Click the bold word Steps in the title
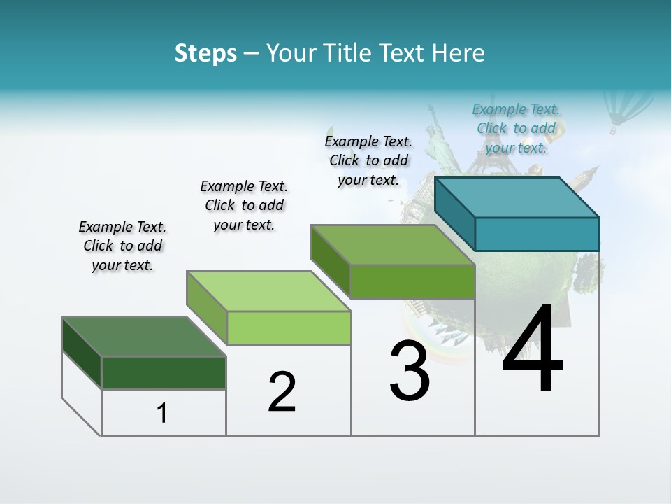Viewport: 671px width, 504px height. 205,53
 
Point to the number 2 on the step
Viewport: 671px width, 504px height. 282,392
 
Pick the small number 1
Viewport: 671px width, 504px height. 161,414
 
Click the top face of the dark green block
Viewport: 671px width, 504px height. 143,336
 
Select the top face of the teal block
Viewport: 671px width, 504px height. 517,197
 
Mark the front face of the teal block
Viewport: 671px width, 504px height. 537,234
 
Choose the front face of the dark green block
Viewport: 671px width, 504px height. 164,372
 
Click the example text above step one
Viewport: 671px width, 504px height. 122,246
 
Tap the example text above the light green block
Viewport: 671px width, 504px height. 244,205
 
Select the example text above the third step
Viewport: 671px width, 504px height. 368,160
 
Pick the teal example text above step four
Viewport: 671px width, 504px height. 516,128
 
